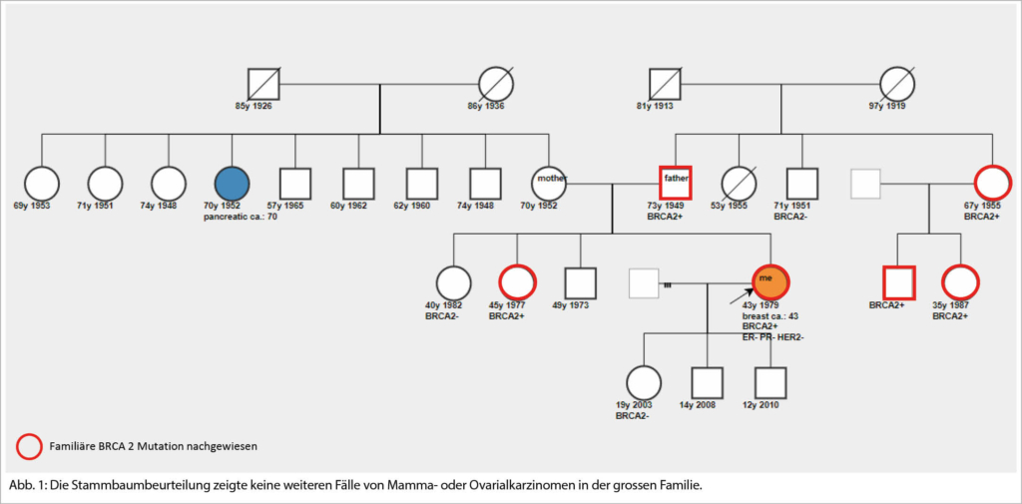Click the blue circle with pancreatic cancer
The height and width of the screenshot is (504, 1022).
tap(232, 183)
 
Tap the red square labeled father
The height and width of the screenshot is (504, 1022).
tap(675, 183)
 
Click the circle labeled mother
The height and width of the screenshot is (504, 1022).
tap(549, 183)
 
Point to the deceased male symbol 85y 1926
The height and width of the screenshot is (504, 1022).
tap(263, 84)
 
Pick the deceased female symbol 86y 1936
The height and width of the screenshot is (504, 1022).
tap(495, 84)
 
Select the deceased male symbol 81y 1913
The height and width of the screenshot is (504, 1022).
tap(664, 84)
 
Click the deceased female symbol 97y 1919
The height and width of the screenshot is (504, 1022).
tap(896, 84)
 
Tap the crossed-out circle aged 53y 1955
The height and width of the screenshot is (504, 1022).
tap(739, 183)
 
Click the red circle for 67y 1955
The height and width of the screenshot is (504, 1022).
tap(991, 183)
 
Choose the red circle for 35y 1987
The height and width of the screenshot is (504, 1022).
tap(959, 282)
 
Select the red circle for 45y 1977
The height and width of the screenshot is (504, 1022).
tap(517, 282)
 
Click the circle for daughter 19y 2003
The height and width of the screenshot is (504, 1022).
tap(644, 382)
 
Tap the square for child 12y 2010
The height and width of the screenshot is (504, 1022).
tap(769, 382)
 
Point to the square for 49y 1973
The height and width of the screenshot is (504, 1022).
tap(580, 282)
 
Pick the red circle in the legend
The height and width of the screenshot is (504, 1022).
tap(30, 446)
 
